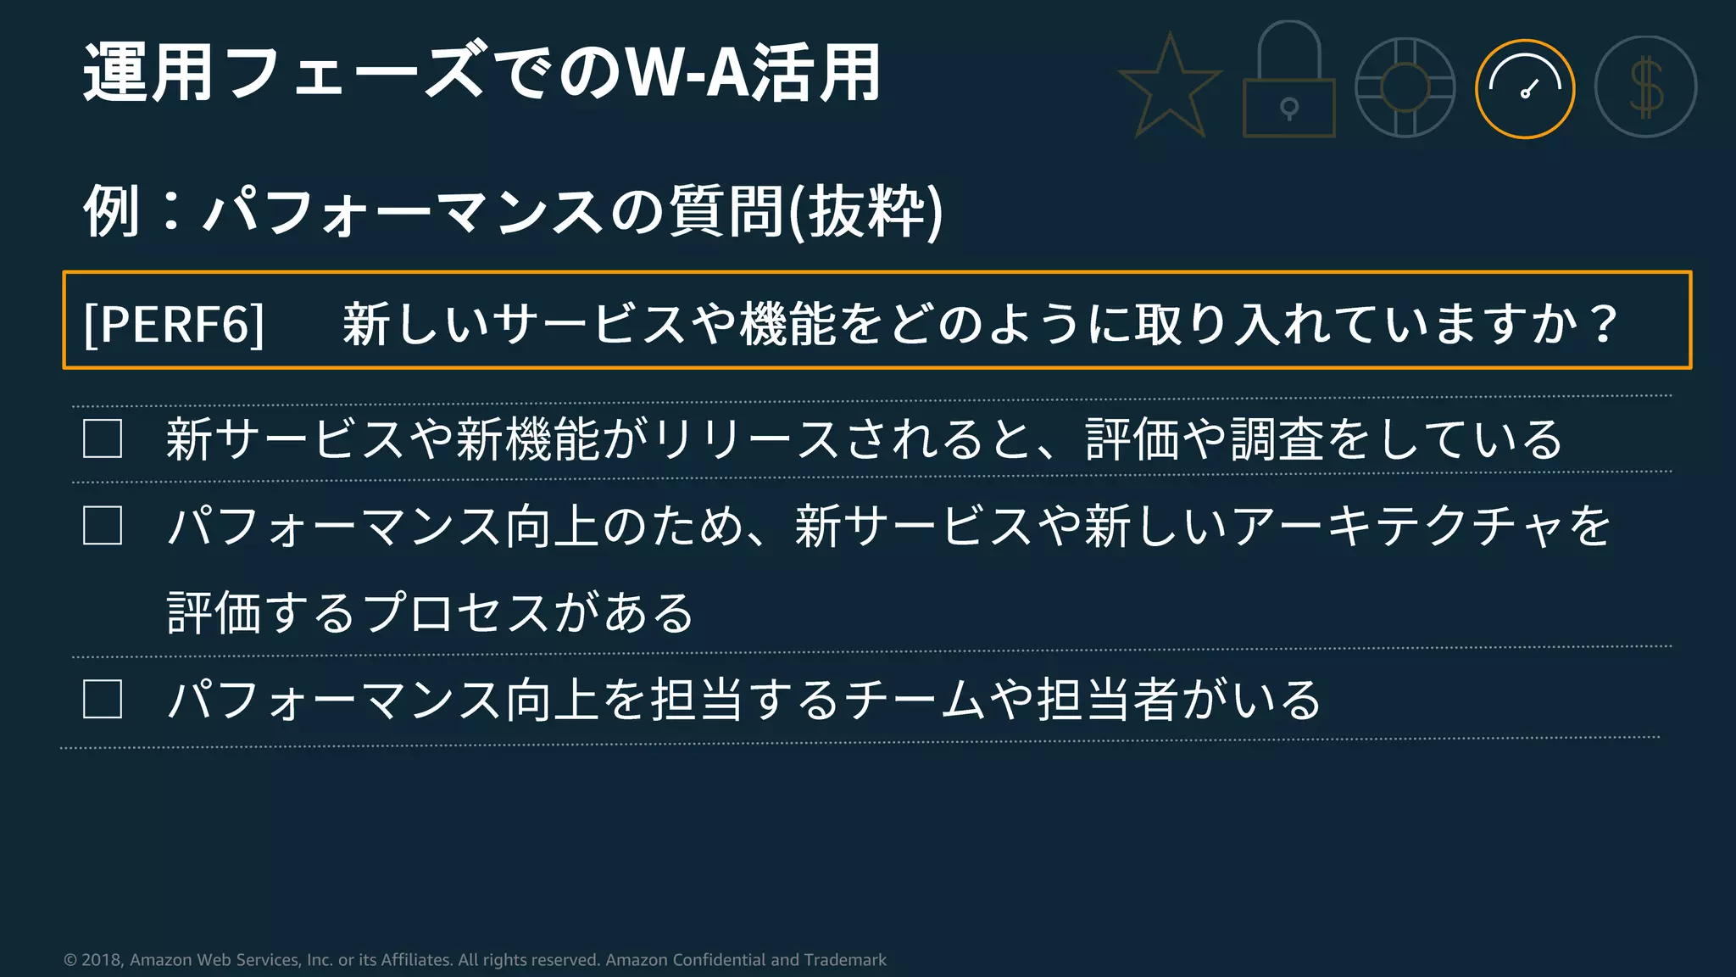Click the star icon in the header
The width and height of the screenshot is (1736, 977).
pyautogui.click(x=1170, y=87)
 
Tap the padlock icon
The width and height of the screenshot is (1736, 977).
pyautogui.click(x=1288, y=85)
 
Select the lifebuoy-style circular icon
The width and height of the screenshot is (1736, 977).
pyautogui.click(x=1405, y=87)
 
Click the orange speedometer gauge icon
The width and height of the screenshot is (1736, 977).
pyautogui.click(x=1525, y=88)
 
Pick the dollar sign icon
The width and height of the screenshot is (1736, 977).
pyautogui.click(x=1645, y=87)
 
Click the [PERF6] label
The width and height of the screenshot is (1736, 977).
pyautogui.click(x=175, y=323)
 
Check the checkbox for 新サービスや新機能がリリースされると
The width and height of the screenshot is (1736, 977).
pyautogui.click(x=103, y=439)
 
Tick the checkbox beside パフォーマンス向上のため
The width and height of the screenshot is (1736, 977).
pyautogui.click(x=103, y=526)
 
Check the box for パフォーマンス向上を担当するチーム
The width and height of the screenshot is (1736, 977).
pyautogui.click(x=103, y=700)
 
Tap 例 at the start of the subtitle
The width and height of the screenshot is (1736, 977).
pyautogui.click(x=111, y=211)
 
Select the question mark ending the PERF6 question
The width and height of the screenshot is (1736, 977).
pyautogui.click(x=1603, y=323)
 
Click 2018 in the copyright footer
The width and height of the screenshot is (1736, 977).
pyautogui.click(x=102, y=960)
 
